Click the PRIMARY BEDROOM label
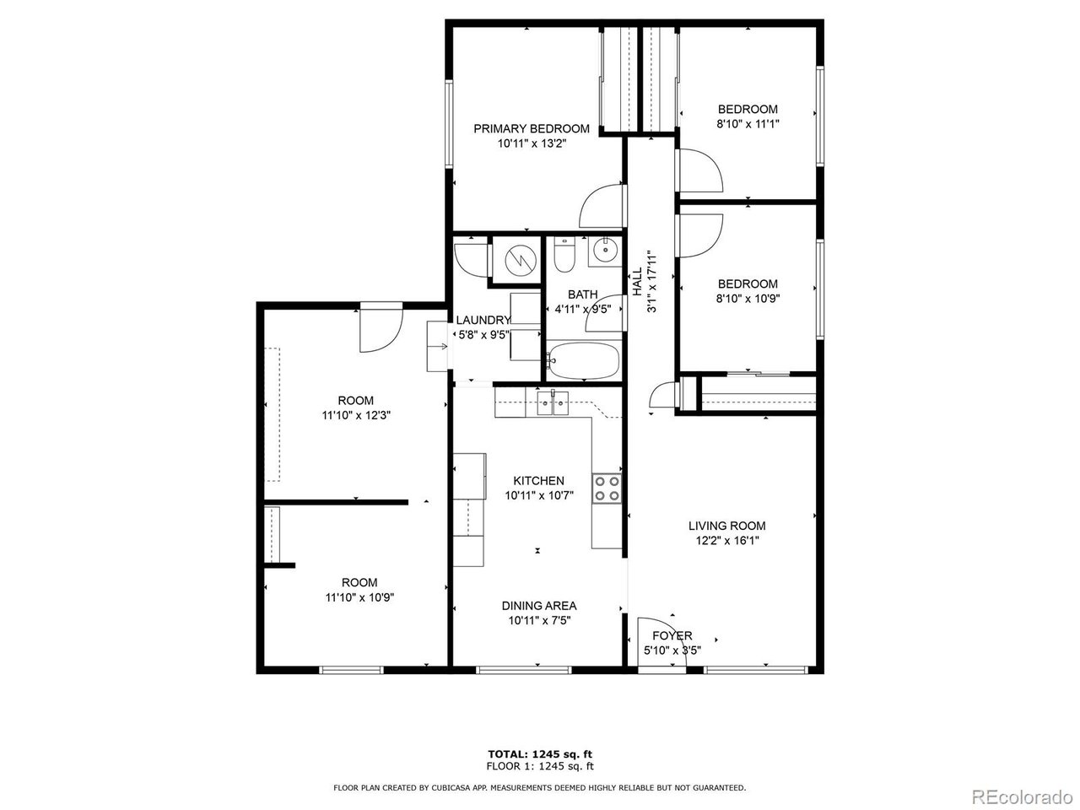coord(532,129)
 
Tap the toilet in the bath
coord(564,255)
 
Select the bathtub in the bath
coord(584,361)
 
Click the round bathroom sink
coord(604,251)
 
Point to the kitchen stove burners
coord(607,489)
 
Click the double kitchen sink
coord(553,403)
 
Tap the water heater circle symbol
coord(521,259)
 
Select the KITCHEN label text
coord(539,480)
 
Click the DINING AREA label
coord(539,606)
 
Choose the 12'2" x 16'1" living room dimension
coord(727,541)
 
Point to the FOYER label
coord(672,635)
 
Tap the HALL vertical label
coord(637,282)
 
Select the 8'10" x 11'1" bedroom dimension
coord(748,124)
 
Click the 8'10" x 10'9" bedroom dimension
coord(748,299)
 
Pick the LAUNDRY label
coord(483,320)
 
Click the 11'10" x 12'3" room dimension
coord(356,416)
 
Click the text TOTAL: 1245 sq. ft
coord(540,754)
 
